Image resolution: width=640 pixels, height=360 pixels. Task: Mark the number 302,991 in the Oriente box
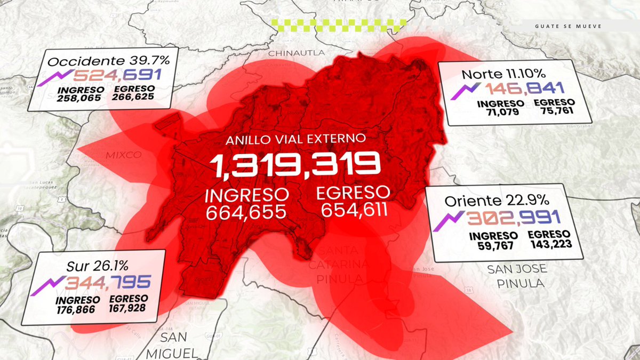(513, 218)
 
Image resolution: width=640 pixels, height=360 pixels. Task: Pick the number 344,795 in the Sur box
(109, 282)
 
